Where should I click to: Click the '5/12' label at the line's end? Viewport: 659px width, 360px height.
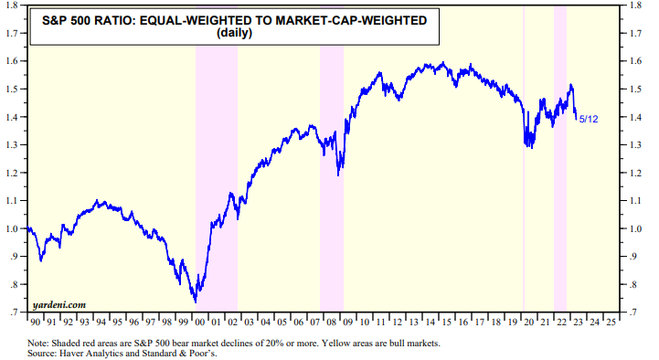pos(590,120)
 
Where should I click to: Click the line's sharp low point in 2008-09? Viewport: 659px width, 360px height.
pos(339,175)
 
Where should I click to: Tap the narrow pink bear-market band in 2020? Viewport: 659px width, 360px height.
pos(523,183)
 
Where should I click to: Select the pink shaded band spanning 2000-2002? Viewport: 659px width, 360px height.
pos(216,183)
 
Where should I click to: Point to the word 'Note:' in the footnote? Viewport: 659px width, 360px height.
pos(41,343)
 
